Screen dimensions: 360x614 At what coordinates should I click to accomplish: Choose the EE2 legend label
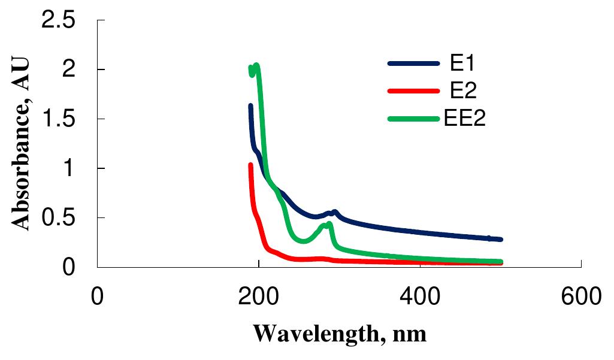[464, 118]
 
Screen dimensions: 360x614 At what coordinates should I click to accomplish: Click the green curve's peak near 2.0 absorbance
[256, 65]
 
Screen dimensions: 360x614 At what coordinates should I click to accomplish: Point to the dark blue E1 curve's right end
[500, 239]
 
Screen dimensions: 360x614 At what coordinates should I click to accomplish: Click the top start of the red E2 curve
[250, 164]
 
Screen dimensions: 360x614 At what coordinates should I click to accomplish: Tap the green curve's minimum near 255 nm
[303, 241]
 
